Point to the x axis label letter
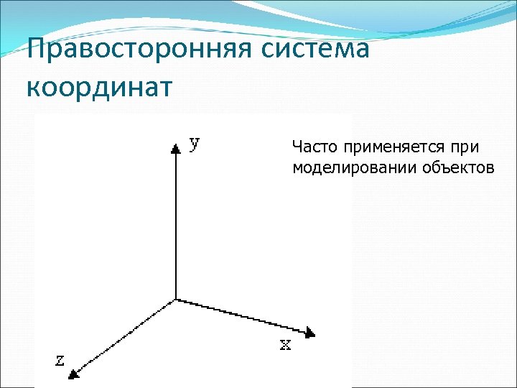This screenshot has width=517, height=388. click(285, 345)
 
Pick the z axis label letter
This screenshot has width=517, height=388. click(60, 360)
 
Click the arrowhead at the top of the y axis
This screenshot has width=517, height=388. click(175, 148)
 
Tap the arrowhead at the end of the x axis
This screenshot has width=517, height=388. click(309, 332)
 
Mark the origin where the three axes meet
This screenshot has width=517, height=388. click(176, 299)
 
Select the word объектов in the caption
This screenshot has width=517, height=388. click(450, 168)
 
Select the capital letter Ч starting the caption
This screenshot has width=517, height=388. click(297, 148)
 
